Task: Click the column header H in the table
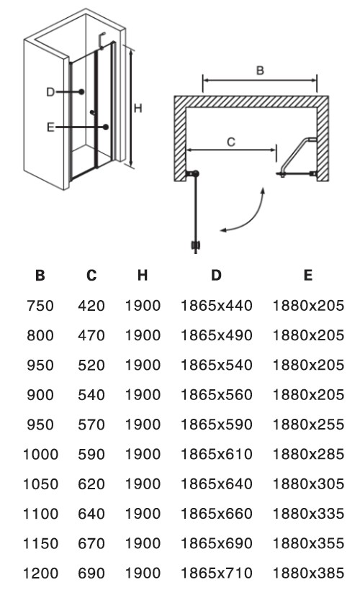[x=143, y=275]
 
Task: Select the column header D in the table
[x=216, y=275]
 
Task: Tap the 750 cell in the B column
[x=40, y=306]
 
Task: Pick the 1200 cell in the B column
[x=40, y=573]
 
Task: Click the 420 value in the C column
[x=91, y=306]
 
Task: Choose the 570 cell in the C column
[x=91, y=425]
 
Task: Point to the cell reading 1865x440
[x=217, y=306]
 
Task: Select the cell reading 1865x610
[x=217, y=454]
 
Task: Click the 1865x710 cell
[x=217, y=573]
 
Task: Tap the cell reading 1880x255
[x=308, y=425]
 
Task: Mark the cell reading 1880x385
[x=308, y=573]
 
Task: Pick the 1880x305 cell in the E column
[x=308, y=484]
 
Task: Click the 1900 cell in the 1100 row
[x=143, y=514]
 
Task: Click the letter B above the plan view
[x=260, y=71]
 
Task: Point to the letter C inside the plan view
[x=231, y=142]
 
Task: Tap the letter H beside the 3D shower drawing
[x=138, y=109]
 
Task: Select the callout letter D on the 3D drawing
[x=50, y=92]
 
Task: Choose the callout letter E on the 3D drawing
[x=50, y=127]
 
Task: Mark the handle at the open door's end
[x=195, y=245]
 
